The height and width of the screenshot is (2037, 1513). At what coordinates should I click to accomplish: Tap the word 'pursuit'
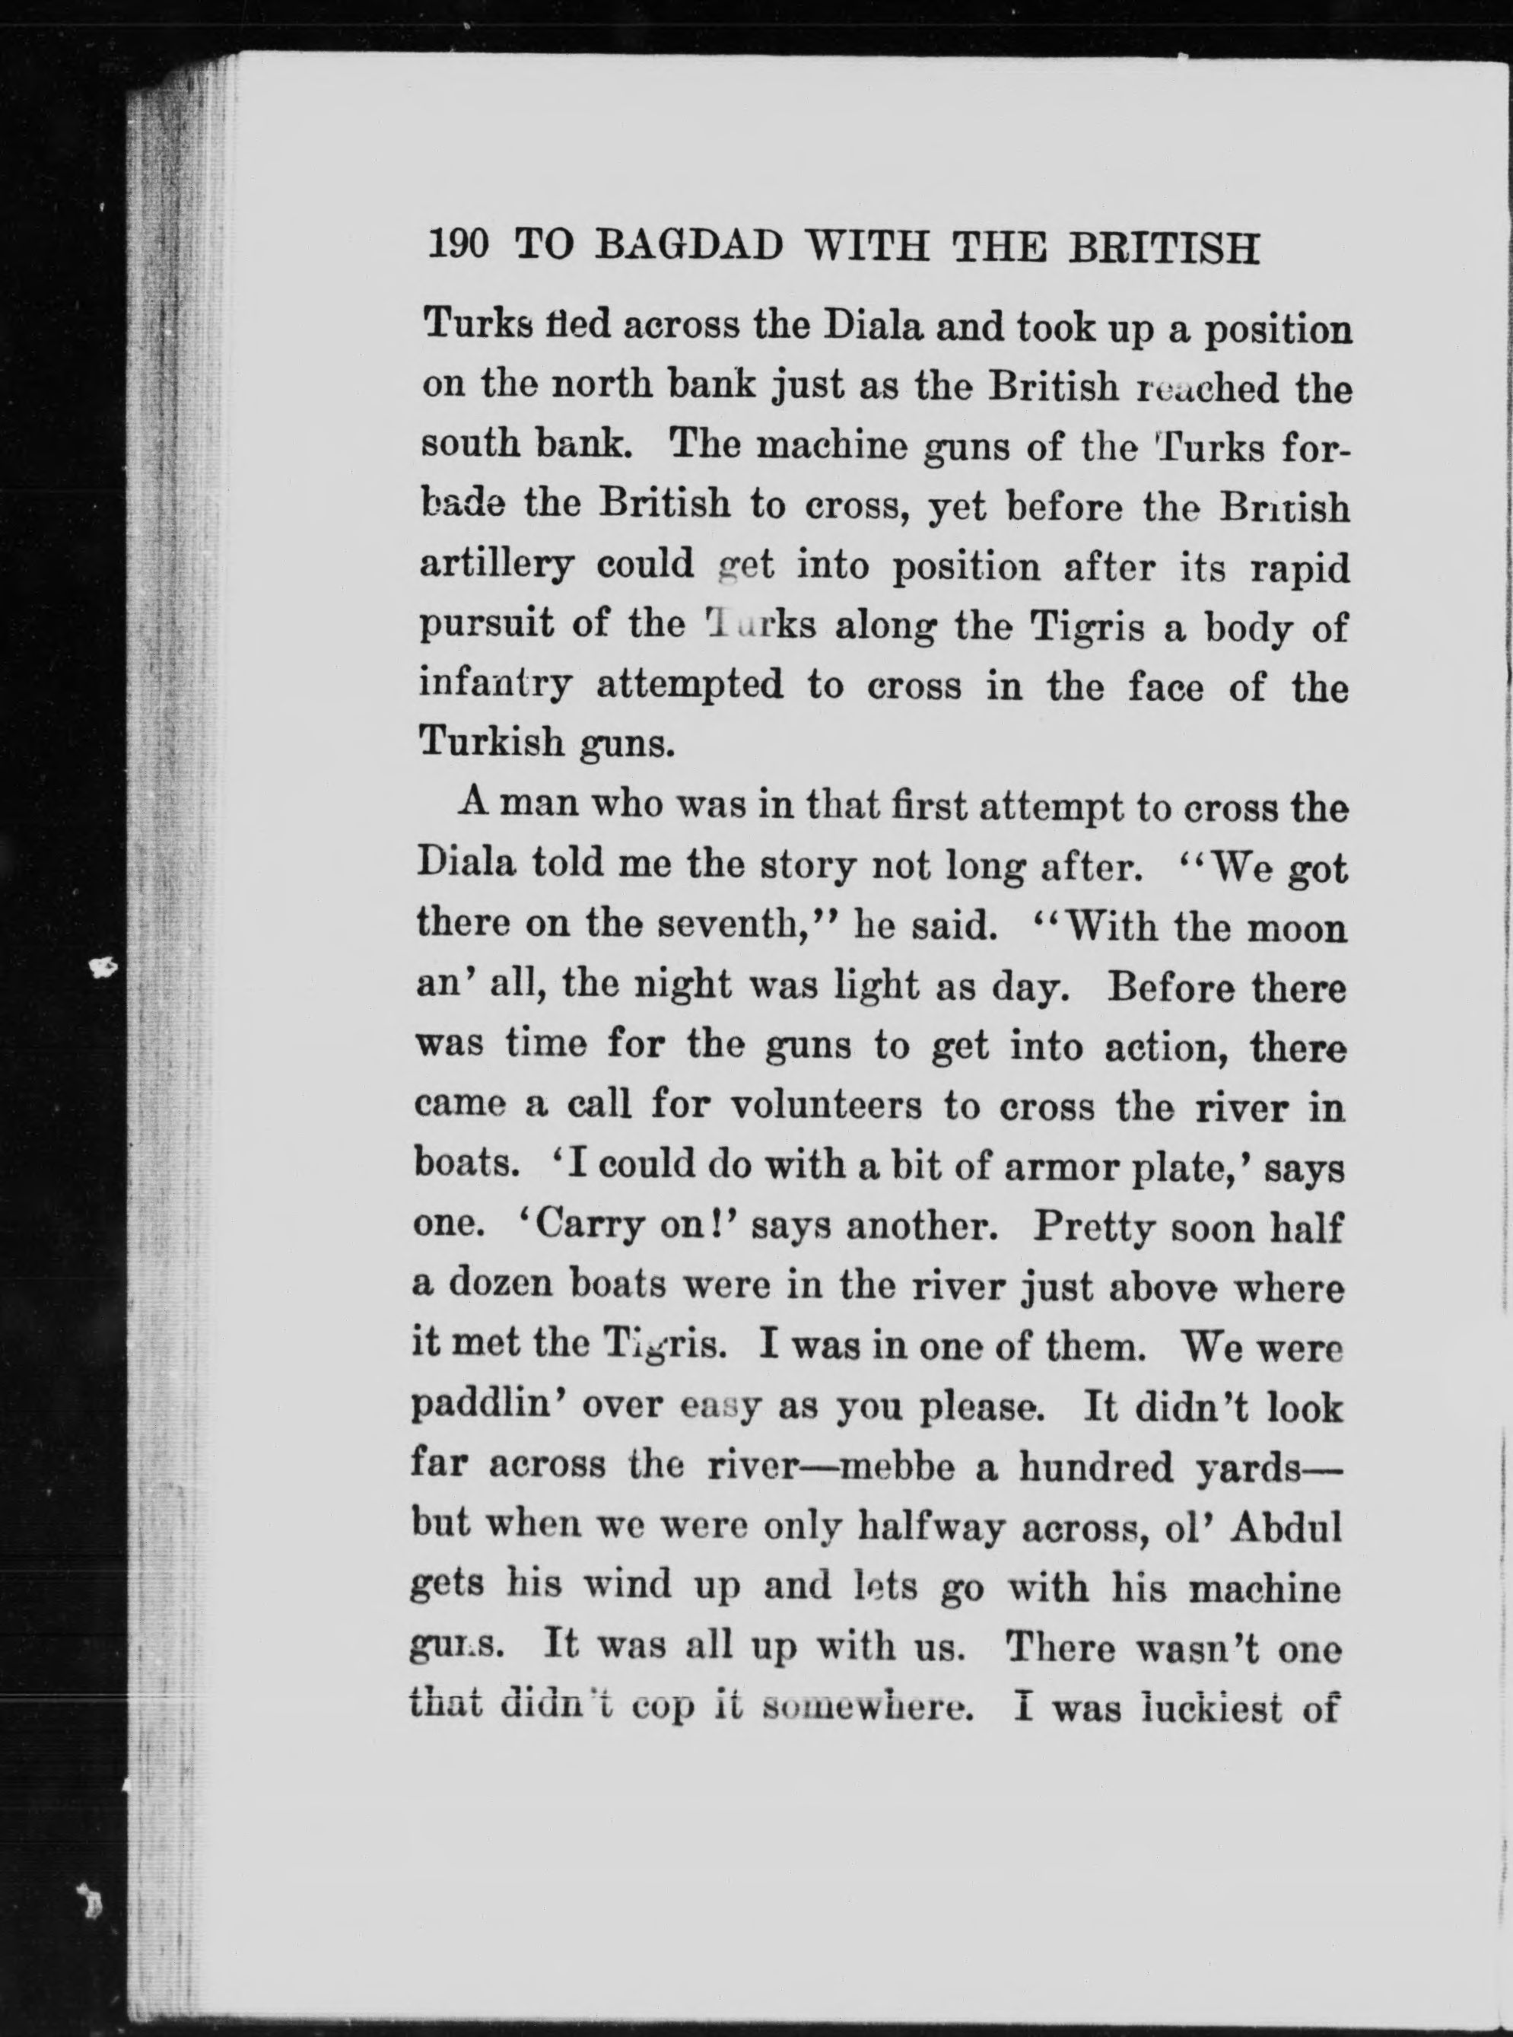click(485, 628)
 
